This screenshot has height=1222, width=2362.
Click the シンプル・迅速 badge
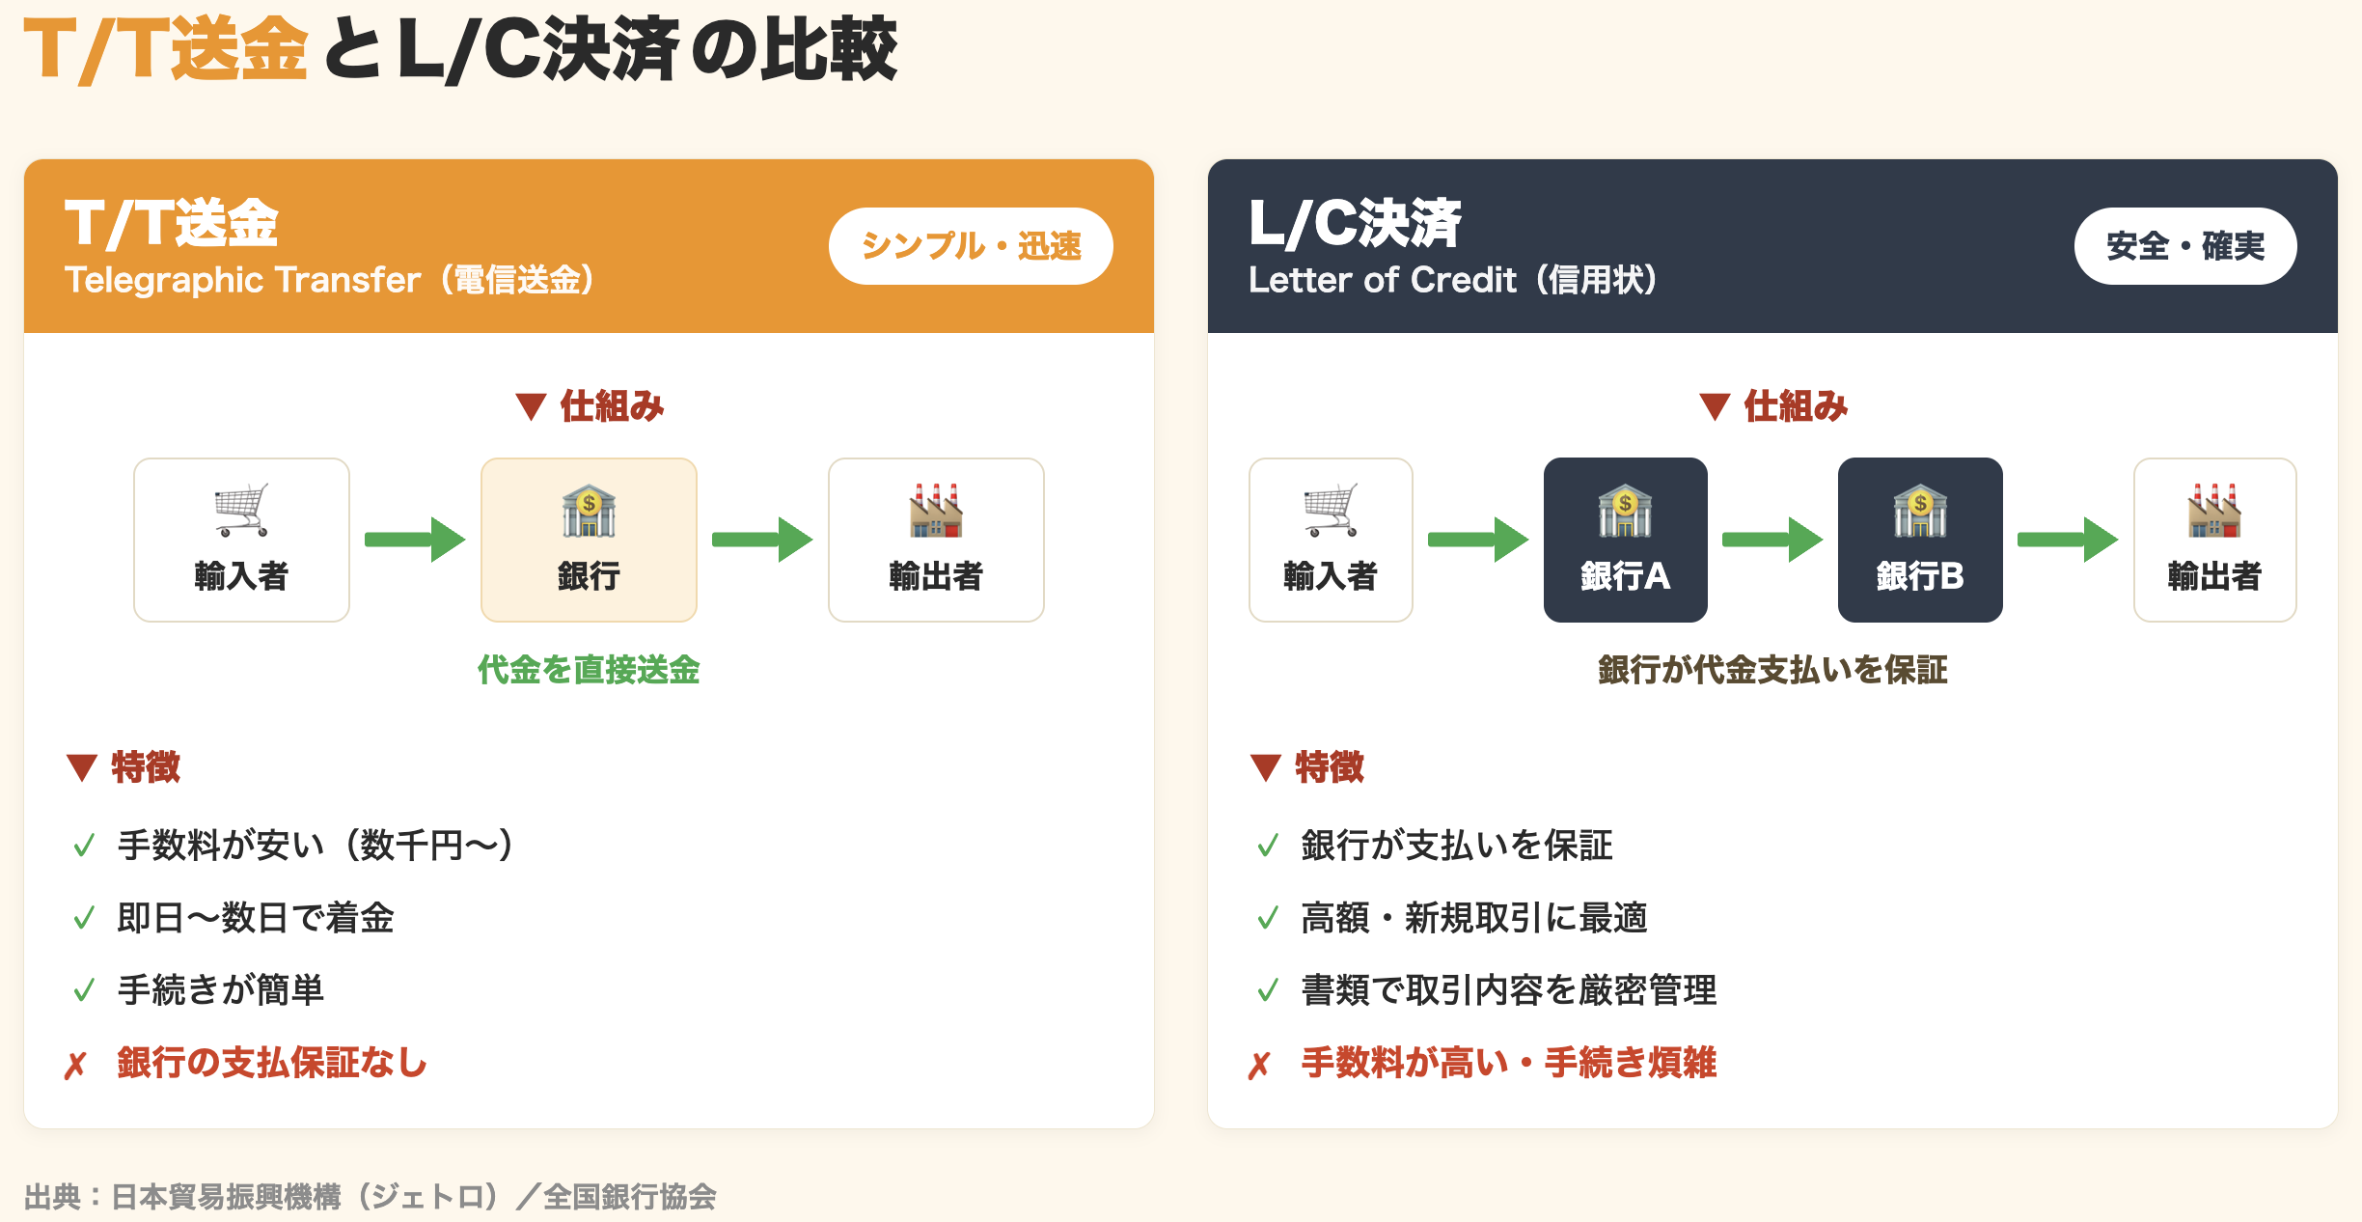pyautogui.click(x=971, y=246)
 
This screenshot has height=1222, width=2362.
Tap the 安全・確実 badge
pyautogui.click(x=2185, y=246)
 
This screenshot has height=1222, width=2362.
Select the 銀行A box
pyautogui.click(x=1626, y=540)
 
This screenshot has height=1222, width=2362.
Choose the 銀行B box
pyautogui.click(x=1920, y=540)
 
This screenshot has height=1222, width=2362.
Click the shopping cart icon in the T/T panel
pyautogui.click(x=241, y=510)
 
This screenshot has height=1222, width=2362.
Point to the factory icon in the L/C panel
pyautogui.click(x=2214, y=510)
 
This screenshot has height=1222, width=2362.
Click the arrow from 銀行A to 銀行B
pyautogui.click(x=1772, y=540)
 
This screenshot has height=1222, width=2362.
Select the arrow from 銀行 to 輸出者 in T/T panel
pyautogui.click(x=762, y=540)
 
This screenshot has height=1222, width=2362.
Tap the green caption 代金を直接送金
pyautogui.click(x=589, y=670)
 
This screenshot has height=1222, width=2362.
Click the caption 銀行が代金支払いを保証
pyautogui.click(x=1772, y=670)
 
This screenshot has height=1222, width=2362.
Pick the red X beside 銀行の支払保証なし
pyautogui.click(x=75, y=1066)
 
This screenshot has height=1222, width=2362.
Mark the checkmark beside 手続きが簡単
pyautogui.click(x=84, y=990)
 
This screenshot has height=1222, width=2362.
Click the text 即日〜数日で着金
pyautogui.click(x=256, y=918)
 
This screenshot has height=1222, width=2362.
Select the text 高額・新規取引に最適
pyautogui.click(x=1474, y=918)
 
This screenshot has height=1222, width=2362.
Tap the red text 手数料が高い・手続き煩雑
pyautogui.click(x=1509, y=1063)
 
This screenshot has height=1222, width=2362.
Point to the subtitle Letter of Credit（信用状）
pyautogui.click(x=1452, y=280)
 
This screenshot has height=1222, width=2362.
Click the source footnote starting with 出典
pyautogui.click(x=371, y=1197)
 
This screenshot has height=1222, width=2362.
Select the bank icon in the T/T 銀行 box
pyautogui.click(x=589, y=510)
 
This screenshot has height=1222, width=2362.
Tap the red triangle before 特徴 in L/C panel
pyautogui.click(x=1265, y=767)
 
